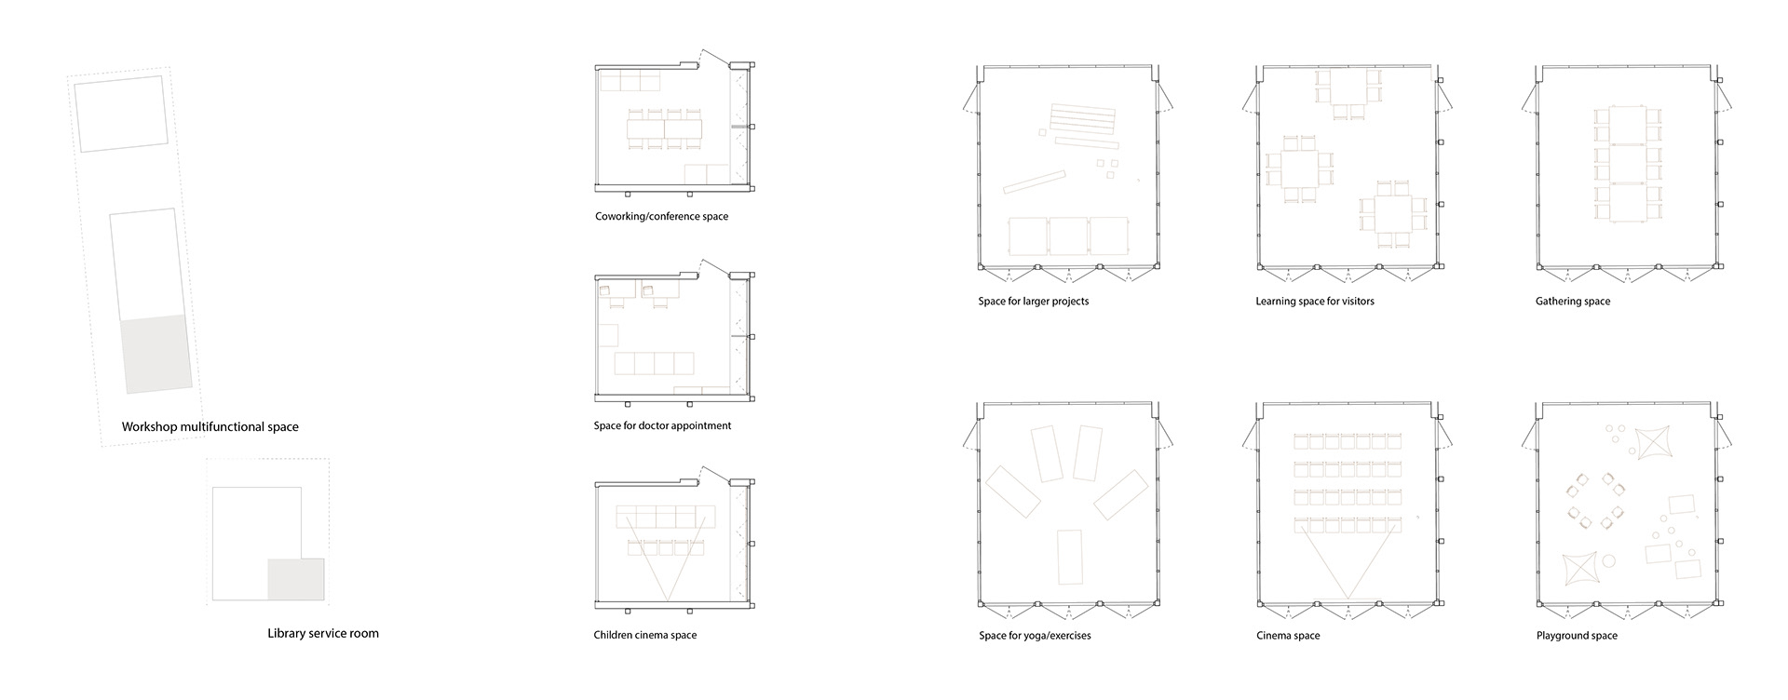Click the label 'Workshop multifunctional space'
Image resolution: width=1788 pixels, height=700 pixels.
pos(210,427)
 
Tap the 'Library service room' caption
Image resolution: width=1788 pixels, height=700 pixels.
pos(323,634)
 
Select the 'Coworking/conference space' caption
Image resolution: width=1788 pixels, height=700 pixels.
pos(662,217)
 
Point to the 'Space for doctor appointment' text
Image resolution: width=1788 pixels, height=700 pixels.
pos(663,426)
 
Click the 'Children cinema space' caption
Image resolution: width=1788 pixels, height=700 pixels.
pos(645,636)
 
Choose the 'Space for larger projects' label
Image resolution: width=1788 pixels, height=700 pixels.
pos(1034,302)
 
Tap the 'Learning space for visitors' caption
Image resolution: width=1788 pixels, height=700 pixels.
pos(1315,302)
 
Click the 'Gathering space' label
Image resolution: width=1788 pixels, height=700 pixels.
pos(1573,302)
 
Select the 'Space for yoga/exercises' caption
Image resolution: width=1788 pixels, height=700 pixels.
pos(1035,636)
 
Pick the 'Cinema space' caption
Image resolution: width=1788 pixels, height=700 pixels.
pos(1288,636)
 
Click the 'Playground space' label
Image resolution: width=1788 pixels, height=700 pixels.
pos(1577,636)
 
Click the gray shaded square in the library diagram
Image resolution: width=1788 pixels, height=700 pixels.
pos(296,579)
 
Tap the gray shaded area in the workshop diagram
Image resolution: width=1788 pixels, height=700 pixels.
pos(156,355)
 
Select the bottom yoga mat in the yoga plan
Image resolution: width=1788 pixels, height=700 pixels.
pos(1070,559)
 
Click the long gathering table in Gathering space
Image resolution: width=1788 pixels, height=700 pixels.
pos(1627,165)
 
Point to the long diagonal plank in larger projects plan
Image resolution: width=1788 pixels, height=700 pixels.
pos(1035,181)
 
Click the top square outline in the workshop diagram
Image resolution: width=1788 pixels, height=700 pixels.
pos(122,114)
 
